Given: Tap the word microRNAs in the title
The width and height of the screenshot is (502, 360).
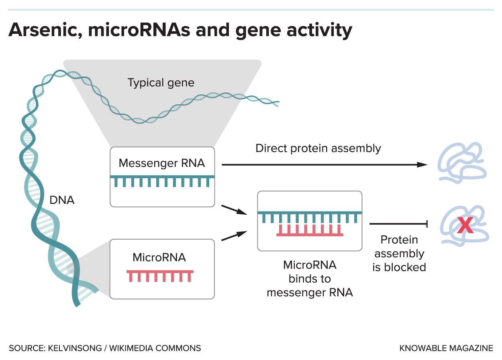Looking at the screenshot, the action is (x=139, y=30).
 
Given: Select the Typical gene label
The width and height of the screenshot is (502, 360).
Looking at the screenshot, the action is (x=161, y=83).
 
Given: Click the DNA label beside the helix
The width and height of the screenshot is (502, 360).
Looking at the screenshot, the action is (x=62, y=200).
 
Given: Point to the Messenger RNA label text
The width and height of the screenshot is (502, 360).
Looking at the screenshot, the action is (x=162, y=163).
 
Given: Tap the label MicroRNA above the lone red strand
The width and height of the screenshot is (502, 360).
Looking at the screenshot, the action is (x=159, y=257).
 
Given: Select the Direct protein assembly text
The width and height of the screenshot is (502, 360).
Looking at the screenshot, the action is (x=318, y=148).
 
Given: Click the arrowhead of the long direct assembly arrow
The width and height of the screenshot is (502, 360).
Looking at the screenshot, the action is (x=422, y=165).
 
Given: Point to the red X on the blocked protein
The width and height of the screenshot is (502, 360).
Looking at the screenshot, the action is (x=465, y=225).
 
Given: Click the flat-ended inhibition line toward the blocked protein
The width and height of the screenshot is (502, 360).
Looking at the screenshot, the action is (x=398, y=224).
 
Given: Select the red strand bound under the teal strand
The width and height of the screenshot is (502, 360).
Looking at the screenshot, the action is (x=310, y=230).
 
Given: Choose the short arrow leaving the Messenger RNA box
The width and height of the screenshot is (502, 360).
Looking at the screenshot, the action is (x=234, y=210).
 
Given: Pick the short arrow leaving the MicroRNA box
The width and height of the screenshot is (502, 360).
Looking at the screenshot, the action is (x=234, y=236).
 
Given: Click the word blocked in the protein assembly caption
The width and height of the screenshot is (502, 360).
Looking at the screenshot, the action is (x=405, y=267).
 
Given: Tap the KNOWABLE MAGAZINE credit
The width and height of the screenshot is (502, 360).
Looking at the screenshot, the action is (x=446, y=348).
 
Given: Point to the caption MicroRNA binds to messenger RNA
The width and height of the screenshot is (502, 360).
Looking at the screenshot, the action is (x=310, y=279).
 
